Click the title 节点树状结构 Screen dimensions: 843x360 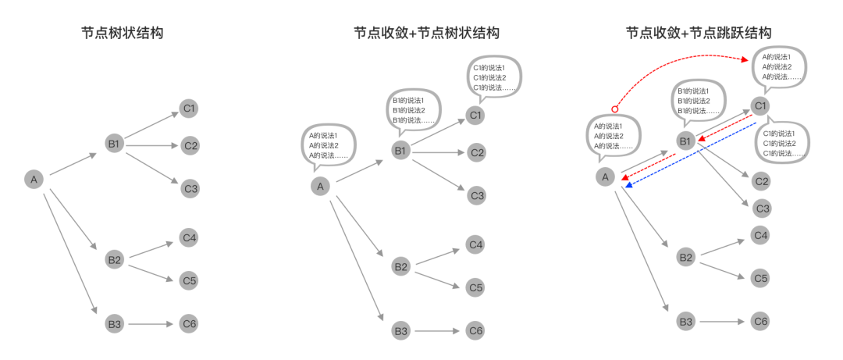(x=123, y=34)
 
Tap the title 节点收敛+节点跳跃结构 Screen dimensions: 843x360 (x=699, y=34)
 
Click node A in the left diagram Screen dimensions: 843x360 (x=34, y=180)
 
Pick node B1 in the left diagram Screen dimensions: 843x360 (x=114, y=144)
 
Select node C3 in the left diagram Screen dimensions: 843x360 (x=190, y=187)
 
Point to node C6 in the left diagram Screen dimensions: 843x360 (x=190, y=323)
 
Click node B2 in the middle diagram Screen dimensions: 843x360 (x=401, y=267)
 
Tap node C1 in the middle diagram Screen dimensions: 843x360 (x=476, y=116)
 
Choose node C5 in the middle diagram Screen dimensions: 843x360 (x=476, y=287)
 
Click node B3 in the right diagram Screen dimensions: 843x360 (x=685, y=321)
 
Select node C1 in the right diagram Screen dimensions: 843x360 (x=761, y=106)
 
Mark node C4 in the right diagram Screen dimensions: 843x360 (x=761, y=234)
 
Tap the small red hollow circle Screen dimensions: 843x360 (x=614, y=109)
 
